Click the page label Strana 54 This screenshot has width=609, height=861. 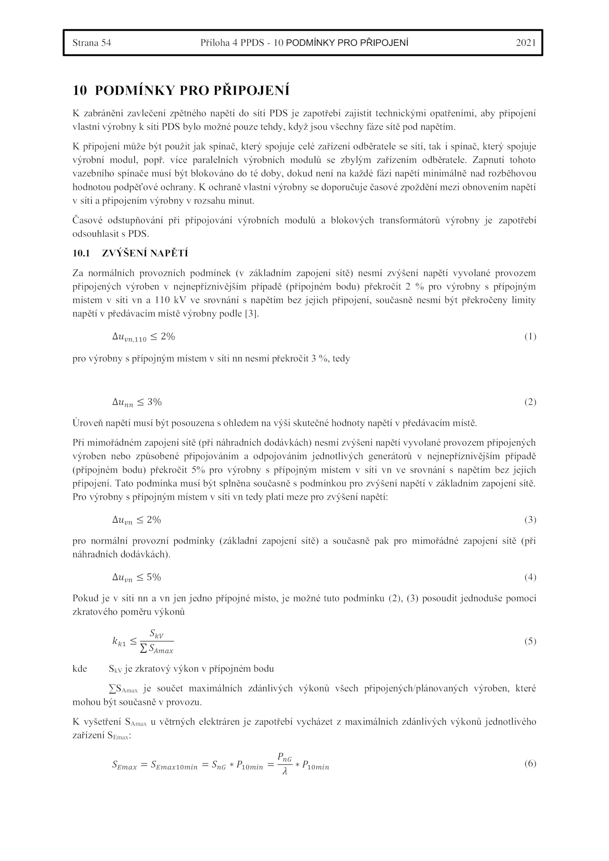pos(92,43)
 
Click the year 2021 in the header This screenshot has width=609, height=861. pos(526,43)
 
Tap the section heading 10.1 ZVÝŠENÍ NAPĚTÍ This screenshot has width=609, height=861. pos(130,253)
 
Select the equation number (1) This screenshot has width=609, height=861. pos(530,336)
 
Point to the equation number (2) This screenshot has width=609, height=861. pos(530,402)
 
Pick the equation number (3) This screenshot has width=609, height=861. pos(530,520)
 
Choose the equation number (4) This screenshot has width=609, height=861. pos(530,577)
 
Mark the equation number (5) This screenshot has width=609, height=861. pos(530,641)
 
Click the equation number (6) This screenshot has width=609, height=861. pos(530,763)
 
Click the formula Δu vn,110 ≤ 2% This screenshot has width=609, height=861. pos(143,337)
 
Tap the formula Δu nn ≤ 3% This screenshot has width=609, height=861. pos(137,402)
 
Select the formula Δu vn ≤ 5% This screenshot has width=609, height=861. pos(137,578)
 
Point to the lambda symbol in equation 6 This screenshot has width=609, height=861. pos(285,771)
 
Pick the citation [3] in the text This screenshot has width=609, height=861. pos(252,314)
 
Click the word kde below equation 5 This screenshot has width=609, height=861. pos(80,669)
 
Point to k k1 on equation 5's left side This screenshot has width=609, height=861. pos(119,642)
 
